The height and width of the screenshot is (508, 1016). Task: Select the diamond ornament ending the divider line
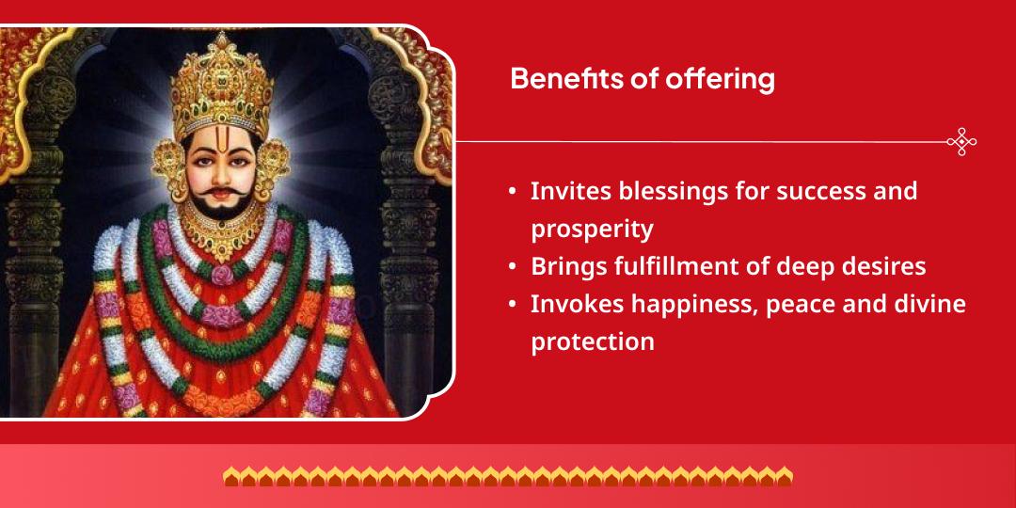pos(961,142)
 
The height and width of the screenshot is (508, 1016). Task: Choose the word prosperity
pos(592,229)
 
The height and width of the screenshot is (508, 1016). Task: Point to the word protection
pos(592,341)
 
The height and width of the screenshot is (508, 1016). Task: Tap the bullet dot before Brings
pos(513,267)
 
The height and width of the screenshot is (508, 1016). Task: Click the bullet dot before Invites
pos(513,192)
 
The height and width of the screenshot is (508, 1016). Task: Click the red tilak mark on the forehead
pos(223,151)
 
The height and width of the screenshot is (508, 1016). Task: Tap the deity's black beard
pos(223,209)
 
